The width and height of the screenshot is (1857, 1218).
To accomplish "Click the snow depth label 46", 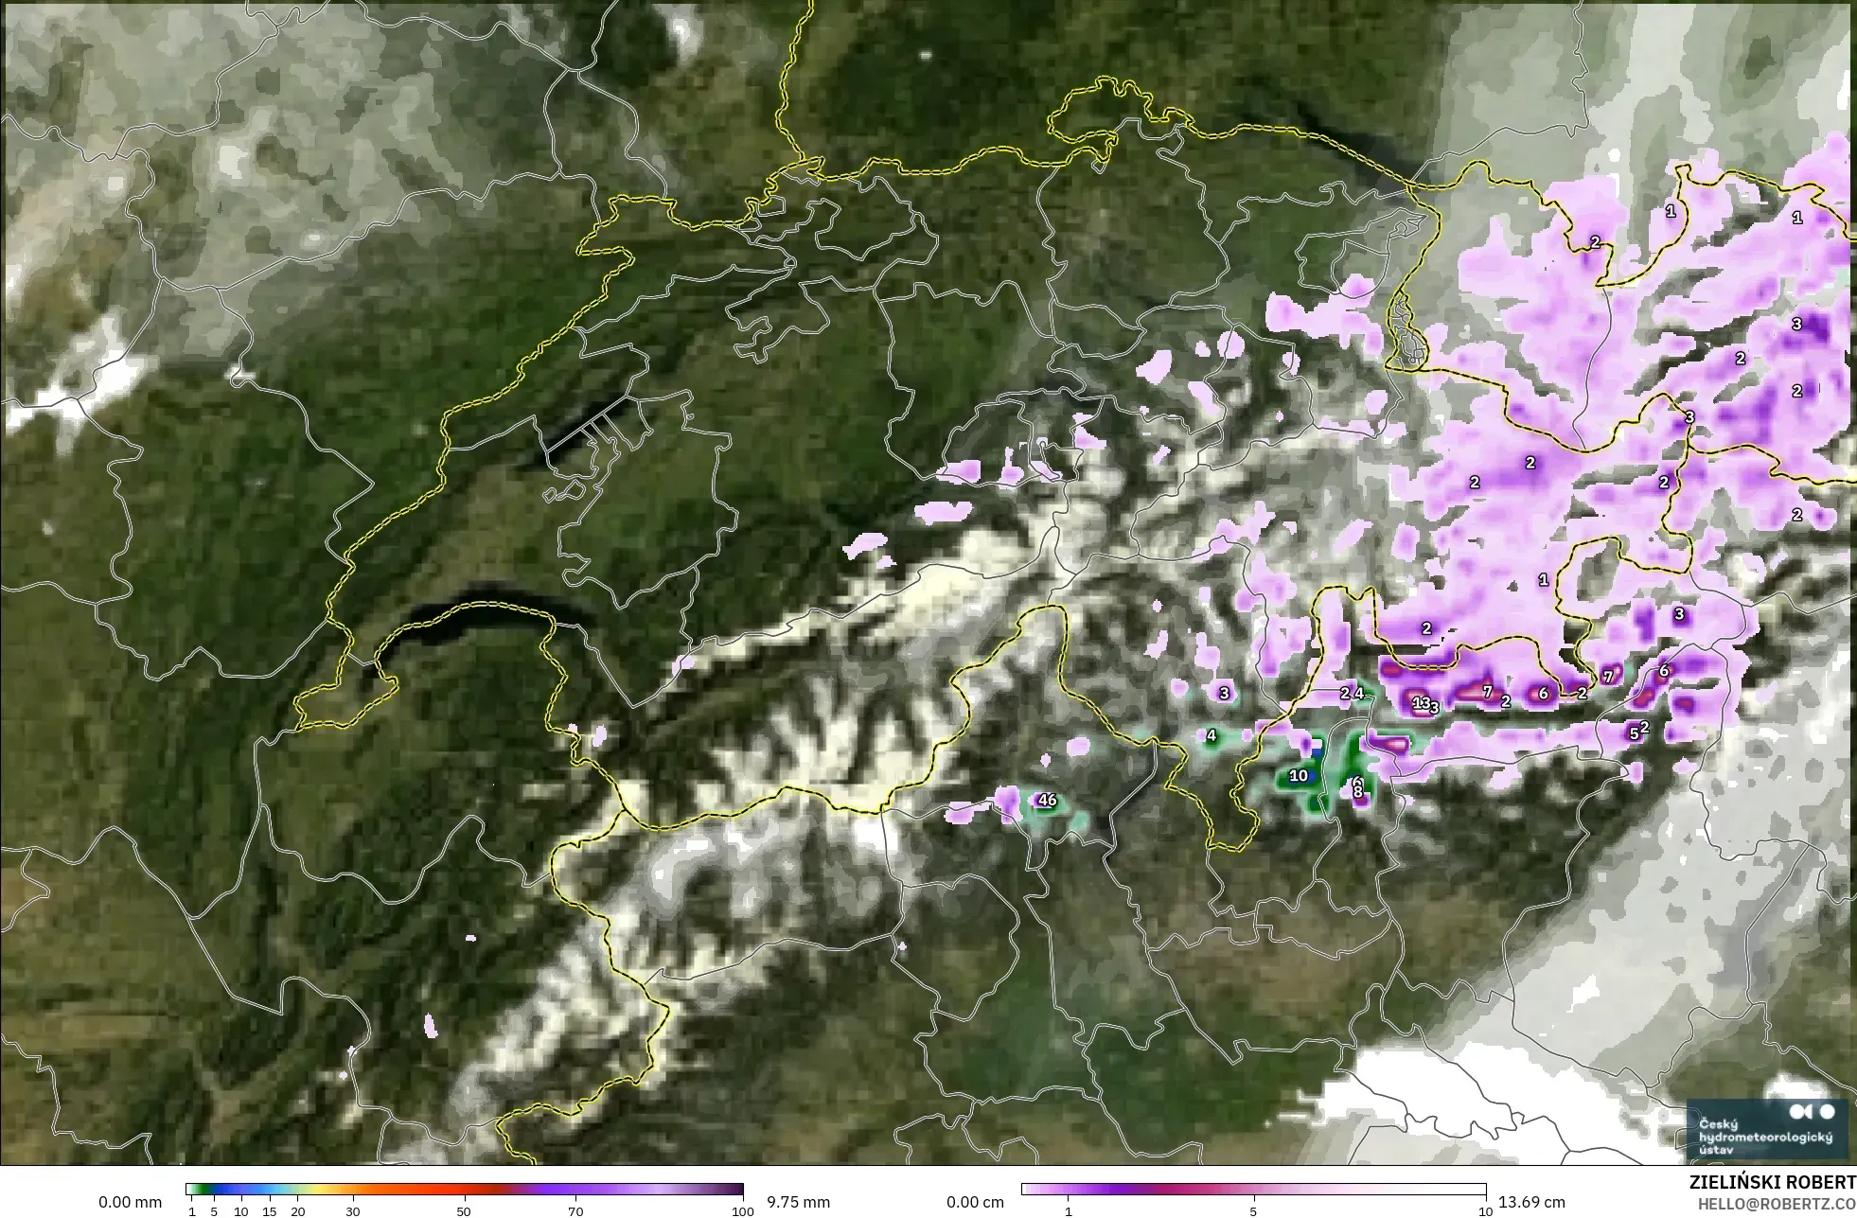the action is [x=1047, y=800].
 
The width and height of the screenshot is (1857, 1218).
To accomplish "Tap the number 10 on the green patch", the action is [x=1299, y=776].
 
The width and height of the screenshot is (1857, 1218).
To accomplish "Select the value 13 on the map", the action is [x=1421, y=702].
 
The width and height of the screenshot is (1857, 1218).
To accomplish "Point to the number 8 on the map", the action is [x=1357, y=792].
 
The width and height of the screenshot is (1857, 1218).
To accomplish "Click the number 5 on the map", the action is [x=1634, y=733].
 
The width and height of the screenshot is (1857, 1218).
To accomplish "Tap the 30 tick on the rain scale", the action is [x=353, y=1210].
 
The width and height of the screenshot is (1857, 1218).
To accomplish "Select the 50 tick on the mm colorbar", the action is [x=464, y=1210].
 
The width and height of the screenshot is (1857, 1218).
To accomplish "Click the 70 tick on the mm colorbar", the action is [x=575, y=1210].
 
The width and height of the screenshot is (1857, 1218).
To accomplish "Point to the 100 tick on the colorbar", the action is [x=743, y=1210].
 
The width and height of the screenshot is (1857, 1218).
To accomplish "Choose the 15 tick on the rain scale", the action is [x=270, y=1210].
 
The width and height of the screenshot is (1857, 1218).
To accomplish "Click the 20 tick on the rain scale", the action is [x=297, y=1210].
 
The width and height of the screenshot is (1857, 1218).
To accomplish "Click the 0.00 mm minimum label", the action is [x=130, y=1202].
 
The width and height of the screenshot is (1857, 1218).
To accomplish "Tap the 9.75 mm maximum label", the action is [x=798, y=1202].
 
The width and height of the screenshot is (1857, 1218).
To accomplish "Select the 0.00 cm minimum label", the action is [x=975, y=1202].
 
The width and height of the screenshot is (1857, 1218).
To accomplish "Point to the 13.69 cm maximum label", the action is [x=1529, y=1202].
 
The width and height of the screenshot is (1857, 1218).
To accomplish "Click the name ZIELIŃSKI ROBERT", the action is [x=1772, y=1183].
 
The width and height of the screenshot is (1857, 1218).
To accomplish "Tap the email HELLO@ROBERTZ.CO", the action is [x=1777, y=1204].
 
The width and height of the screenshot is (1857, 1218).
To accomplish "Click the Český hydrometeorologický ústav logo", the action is [x=1766, y=1129].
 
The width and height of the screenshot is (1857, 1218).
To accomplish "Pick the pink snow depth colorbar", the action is [x=1253, y=1190].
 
